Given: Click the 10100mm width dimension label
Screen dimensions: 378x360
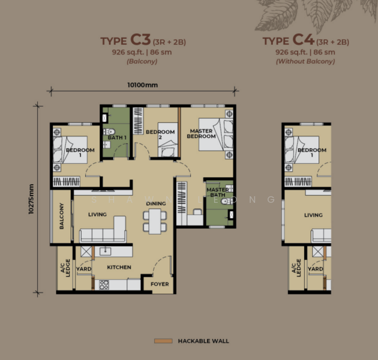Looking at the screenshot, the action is pyautogui.click(x=142, y=85).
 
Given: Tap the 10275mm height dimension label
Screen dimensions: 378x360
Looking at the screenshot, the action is pyautogui.click(x=31, y=199).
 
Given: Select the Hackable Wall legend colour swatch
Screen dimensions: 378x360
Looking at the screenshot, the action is pyautogui.click(x=163, y=341).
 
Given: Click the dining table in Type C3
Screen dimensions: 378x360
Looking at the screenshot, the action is pyautogui.click(x=155, y=221).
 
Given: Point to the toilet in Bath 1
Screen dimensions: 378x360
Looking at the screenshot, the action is pyautogui.click(x=110, y=132).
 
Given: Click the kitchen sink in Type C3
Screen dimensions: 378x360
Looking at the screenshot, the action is pyautogui.click(x=106, y=251).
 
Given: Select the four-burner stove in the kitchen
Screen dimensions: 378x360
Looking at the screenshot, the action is pyautogui.click(x=104, y=285).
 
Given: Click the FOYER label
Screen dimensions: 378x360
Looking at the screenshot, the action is pyautogui.click(x=160, y=284).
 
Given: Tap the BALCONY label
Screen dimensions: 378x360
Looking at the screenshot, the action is pyautogui.click(x=62, y=216).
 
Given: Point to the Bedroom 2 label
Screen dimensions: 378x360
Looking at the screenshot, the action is pyautogui.click(x=160, y=134).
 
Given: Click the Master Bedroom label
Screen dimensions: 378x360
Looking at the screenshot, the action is pyautogui.click(x=201, y=134).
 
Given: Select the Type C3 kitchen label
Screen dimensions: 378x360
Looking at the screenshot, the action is pyautogui.click(x=119, y=267).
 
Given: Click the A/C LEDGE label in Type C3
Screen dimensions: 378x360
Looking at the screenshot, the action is pyautogui.click(x=65, y=268).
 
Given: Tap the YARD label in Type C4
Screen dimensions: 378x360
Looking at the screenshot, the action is pyautogui.click(x=316, y=269).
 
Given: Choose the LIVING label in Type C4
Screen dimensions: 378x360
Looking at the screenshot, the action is pyautogui.click(x=313, y=215).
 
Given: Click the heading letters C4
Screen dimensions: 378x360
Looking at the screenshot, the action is pyautogui.click(x=303, y=40).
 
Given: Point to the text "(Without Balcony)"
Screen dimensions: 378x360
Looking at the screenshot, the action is pyautogui.click(x=305, y=61).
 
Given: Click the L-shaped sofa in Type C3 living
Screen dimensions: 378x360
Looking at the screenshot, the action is pyautogui.click(x=103, y=230).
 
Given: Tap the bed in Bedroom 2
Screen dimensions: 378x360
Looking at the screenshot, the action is pyautogui.click(x=168, y=140).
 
